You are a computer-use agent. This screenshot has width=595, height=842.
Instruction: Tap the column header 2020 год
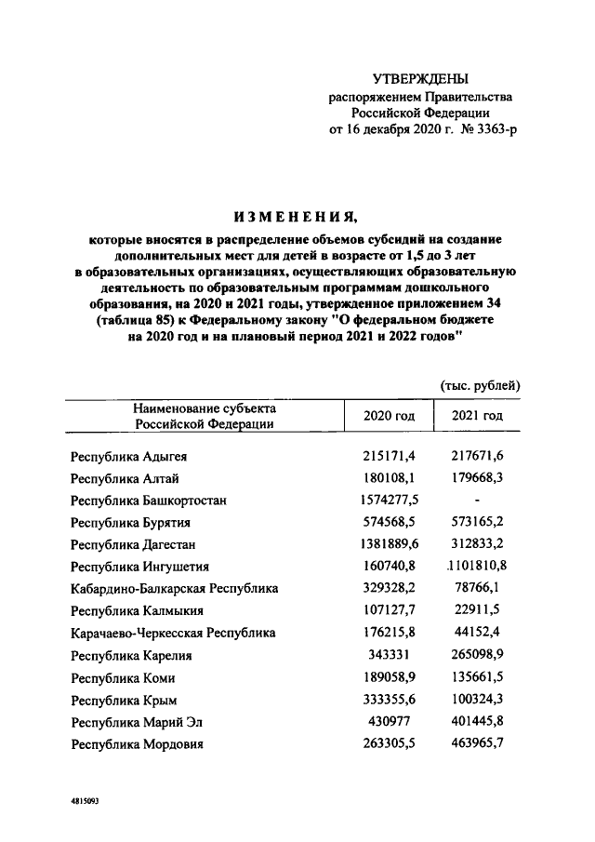click(389, 415)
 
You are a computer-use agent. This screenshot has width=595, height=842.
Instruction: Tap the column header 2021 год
click(477, 415)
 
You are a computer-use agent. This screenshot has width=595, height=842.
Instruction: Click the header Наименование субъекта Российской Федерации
click(205, 416)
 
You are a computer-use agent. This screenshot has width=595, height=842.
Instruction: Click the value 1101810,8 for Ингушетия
click(477, 566)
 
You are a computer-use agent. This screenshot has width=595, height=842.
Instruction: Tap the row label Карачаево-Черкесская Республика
click(173, 633)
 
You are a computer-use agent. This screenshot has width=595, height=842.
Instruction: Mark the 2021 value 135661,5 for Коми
click(477, 677)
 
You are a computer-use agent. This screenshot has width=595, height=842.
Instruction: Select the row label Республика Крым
click(124, 700)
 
